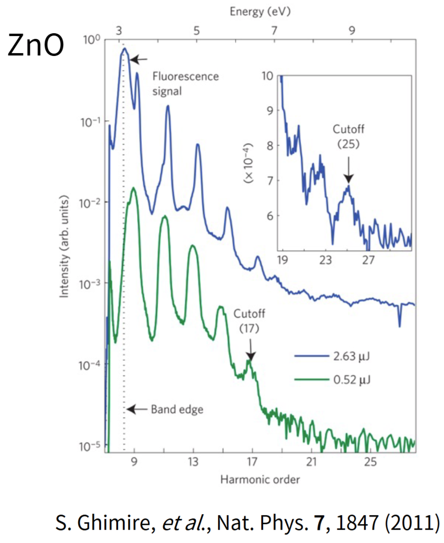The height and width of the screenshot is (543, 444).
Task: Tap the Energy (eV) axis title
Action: [260, 12]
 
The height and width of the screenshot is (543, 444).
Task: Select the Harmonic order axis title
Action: [260, 480]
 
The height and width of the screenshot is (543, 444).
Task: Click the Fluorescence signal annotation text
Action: [185, 83]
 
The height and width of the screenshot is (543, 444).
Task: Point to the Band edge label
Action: [177, 409]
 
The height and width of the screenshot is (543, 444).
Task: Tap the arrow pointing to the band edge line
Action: [138, 409]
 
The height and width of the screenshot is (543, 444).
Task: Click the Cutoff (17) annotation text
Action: [250, 321]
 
